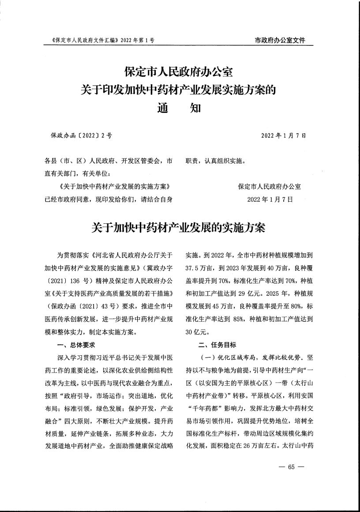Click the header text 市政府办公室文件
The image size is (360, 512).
(x=280, y=40)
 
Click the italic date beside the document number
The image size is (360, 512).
(x=284, y=136)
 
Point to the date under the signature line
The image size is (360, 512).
(x=270, y=199)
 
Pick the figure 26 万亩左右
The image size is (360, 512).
(x=261, y=447)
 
